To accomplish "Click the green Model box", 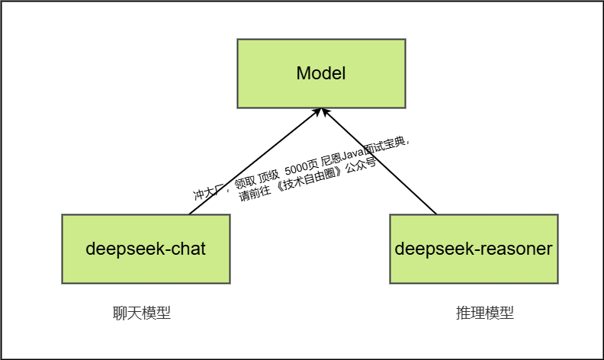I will coord(321,73).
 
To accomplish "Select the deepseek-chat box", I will coord(146,249).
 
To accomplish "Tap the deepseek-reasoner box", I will coord(474,249).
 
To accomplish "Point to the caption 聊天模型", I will coord(142,313).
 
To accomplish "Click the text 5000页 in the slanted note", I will coord(301,169).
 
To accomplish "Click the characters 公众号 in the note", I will coord(361,168).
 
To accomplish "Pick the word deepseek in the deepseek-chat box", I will coord(125,249).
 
